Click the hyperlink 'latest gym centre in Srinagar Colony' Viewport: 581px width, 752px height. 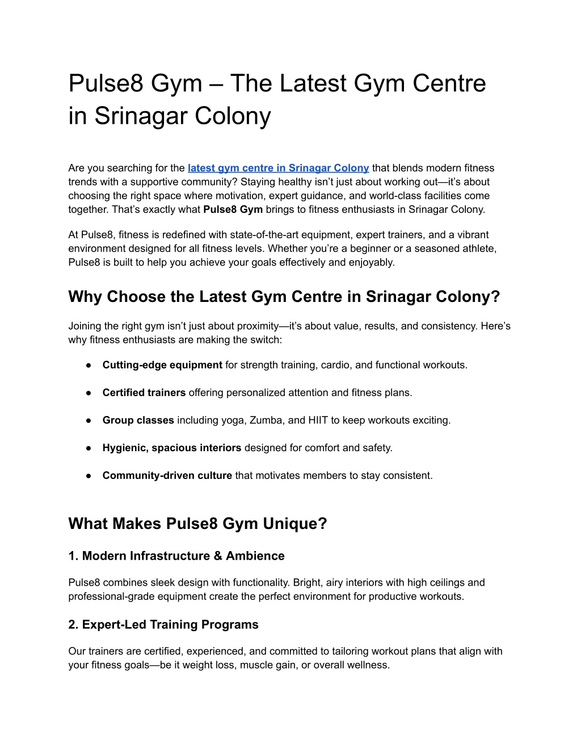pyautogui.click(x=278, y=168)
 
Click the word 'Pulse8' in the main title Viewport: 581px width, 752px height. pyautogui.click(x=106, y=83)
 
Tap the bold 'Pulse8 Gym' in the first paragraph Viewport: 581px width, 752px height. pyautogui.click(x=233, y=209)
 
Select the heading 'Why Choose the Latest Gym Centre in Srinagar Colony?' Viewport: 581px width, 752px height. pyautogui.click(x=284, y=297)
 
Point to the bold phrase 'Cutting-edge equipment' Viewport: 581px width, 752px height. pyautogui.click(x=162, y=365)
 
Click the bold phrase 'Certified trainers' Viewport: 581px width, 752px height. pyautogui.click(x=144, y=393)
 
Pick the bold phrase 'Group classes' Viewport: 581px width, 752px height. pyautogui.click(x=138, y=421)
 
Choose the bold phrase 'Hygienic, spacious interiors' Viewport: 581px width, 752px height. pyautogui.click(x=172, y=448)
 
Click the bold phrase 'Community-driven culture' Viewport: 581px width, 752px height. pyautogui.click(x=167, y=476)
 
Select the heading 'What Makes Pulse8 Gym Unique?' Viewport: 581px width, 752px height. pyautogui.click(x=198, y=523)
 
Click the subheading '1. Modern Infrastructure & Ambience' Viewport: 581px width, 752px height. pyautogui.click(x=176, y=556)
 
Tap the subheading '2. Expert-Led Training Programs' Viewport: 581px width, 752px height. pyautogui.click(x=163, y=625)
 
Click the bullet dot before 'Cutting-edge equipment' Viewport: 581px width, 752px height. pyautogui.click(x=89, y=365)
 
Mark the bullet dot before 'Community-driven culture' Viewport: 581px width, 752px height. pyautogui.click(x=89, y=476)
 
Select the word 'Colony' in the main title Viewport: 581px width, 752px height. pyautogui.click(x=233, y=116)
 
